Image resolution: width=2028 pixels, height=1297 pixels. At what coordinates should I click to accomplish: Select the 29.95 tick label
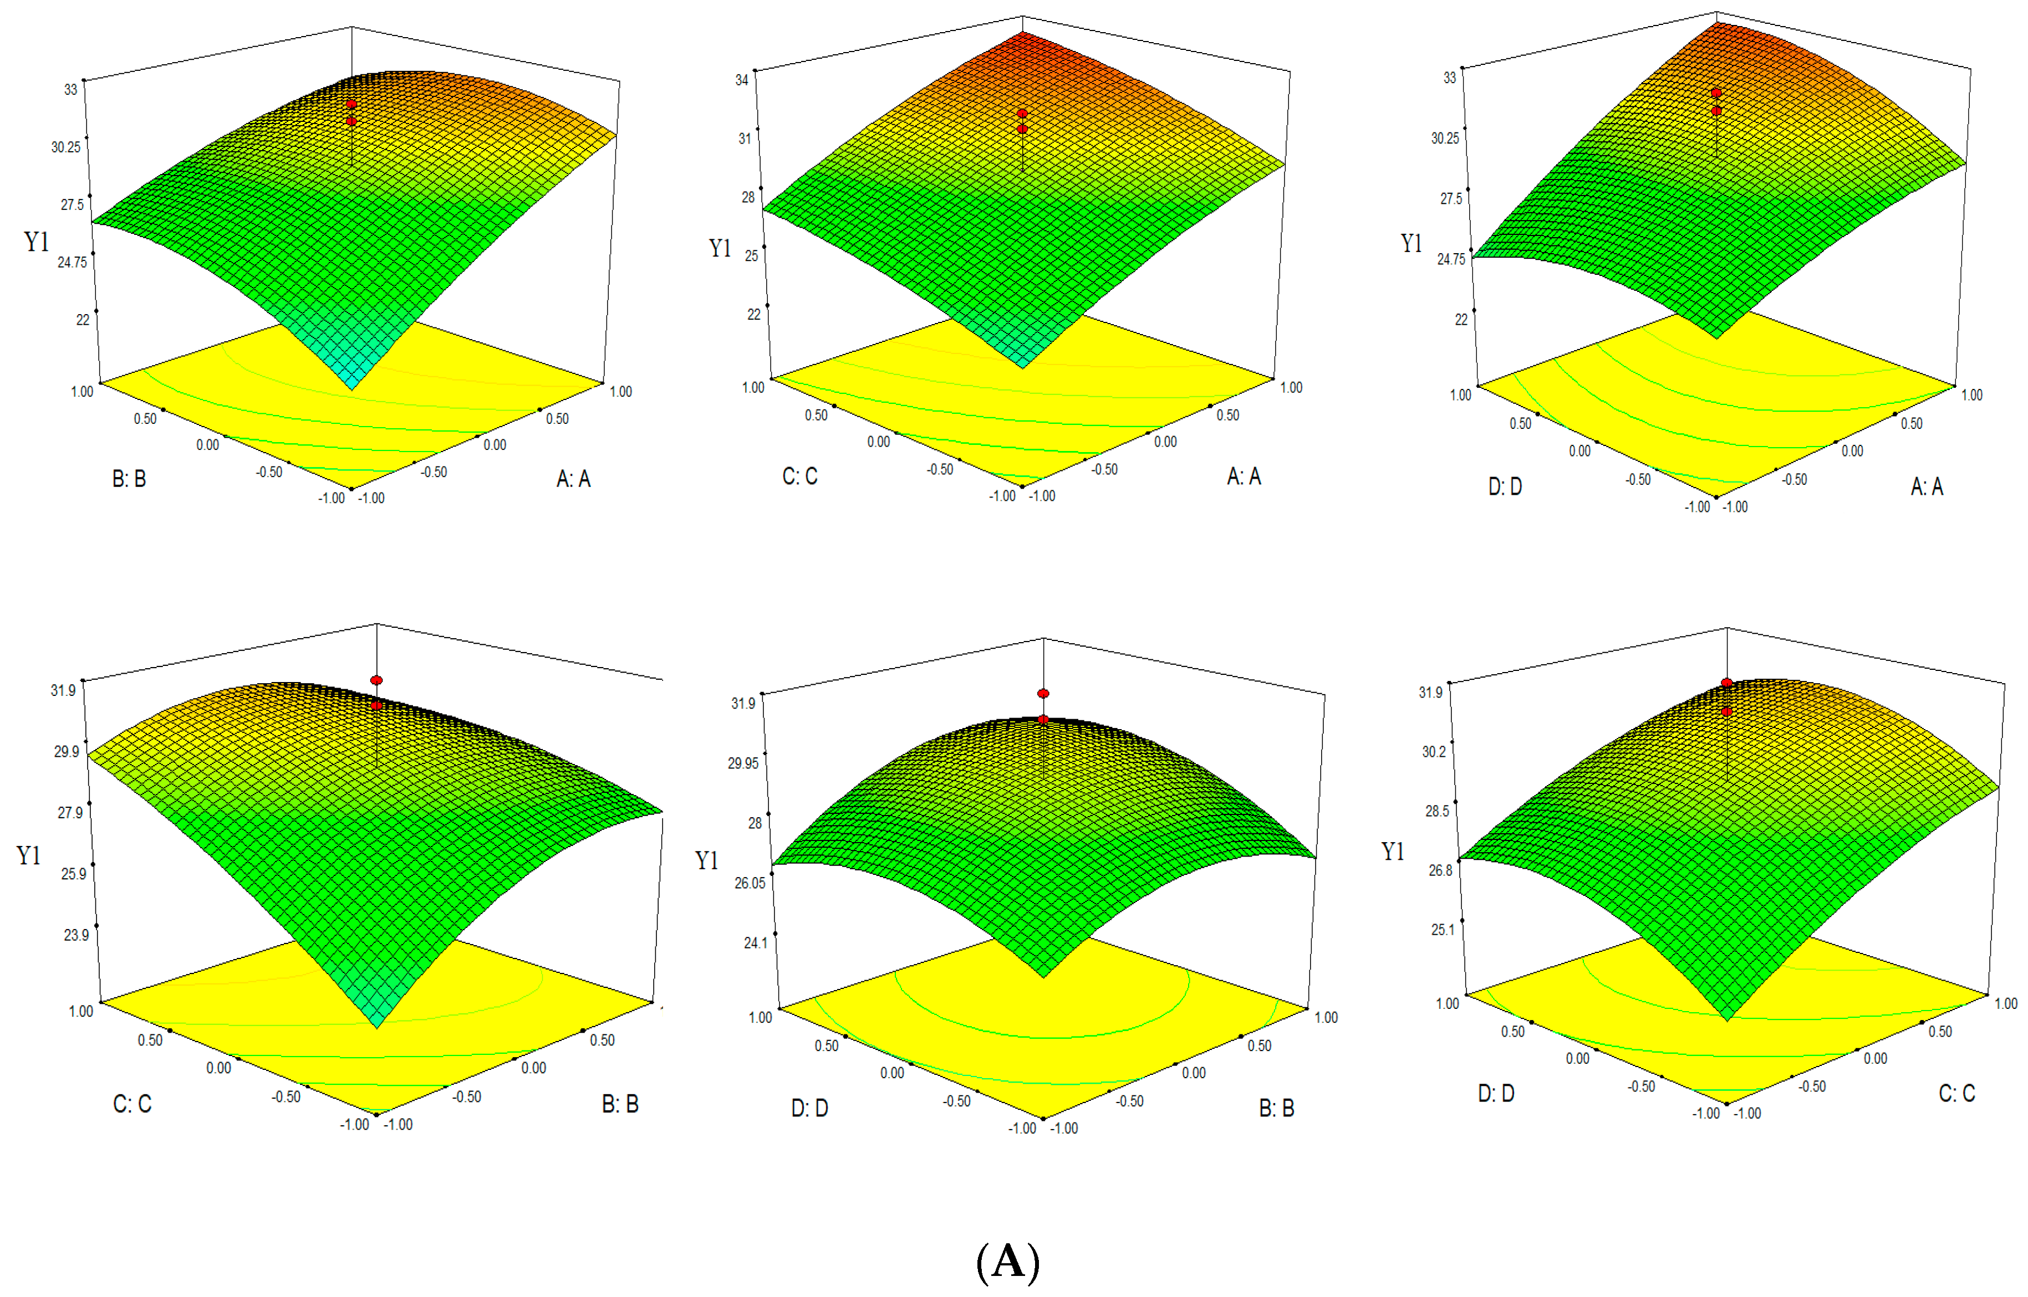click(743, 763)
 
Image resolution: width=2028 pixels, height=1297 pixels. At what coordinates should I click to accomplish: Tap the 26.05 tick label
click(749, 883)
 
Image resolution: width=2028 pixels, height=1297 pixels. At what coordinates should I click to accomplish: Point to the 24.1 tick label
click(755, 942)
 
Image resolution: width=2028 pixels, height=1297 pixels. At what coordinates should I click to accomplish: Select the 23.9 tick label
click(76, 935)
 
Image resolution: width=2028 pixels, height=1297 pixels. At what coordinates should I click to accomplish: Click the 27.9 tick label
click(70, 812)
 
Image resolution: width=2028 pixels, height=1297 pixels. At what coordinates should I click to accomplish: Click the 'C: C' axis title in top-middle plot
click(799, 476)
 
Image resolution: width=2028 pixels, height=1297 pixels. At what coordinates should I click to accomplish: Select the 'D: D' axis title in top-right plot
click(1505, 487)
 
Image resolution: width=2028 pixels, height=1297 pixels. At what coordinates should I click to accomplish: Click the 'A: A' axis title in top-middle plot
click(1244, 476)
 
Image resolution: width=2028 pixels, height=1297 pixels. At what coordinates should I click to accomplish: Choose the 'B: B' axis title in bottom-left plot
click(620, 1104)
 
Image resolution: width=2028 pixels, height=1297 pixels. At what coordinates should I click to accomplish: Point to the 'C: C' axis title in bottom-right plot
click(1956, 1093)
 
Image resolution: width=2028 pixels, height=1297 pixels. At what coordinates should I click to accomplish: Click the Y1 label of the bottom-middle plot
click(707, 860)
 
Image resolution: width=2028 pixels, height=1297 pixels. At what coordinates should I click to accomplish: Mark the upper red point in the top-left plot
click(352, 104)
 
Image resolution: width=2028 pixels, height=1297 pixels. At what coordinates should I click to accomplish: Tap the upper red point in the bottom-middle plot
click(1043, 693)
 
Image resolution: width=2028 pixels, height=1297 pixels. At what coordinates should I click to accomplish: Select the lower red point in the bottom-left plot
click(376, 705)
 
